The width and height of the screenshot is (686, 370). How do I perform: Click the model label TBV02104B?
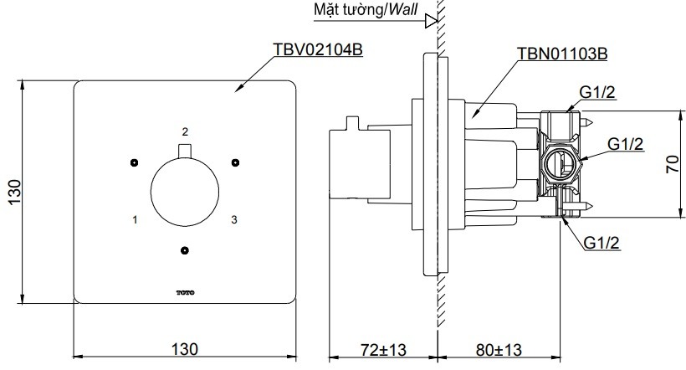point(317,50)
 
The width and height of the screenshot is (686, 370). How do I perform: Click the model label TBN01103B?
point(562,54)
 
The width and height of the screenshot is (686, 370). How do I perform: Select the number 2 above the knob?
point(185,131)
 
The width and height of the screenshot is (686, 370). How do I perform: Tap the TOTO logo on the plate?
point(185,291)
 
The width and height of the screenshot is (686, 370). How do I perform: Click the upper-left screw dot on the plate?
point(133,162)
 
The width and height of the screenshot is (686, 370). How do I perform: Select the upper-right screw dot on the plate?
point(235,162)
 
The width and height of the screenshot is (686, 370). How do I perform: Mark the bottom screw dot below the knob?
point(185,250)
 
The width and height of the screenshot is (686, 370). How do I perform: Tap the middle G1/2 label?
point(625,144)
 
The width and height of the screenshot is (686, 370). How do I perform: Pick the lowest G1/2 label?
point(602,243)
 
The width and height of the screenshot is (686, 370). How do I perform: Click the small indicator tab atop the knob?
point(185,150)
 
